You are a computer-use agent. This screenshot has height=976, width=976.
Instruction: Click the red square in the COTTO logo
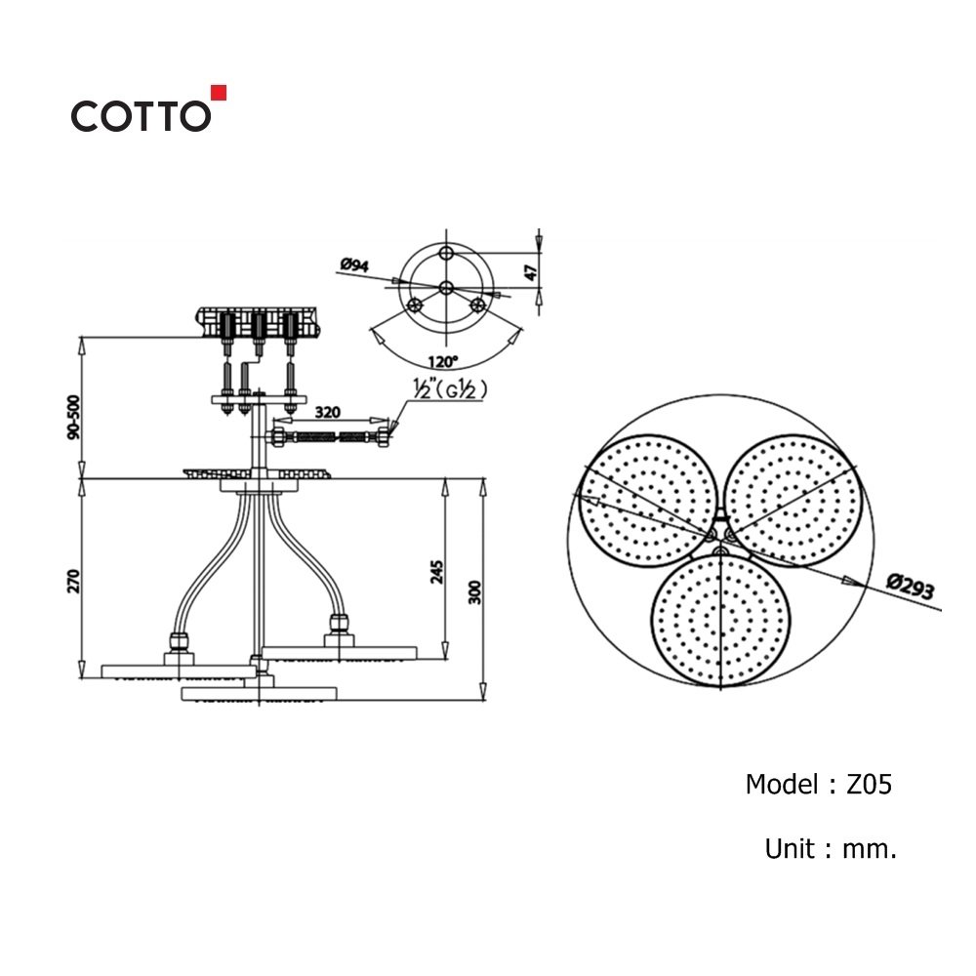tap(219, 93)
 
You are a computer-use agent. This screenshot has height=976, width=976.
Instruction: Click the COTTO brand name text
tap(141, 116)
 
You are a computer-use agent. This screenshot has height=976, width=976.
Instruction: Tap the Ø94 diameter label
tap(354, 265)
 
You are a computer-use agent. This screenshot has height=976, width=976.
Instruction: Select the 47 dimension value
tap(530, 272)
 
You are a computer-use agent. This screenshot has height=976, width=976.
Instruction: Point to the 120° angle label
tap(442, 362)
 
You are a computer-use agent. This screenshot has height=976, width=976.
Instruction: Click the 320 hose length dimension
tap(327, 412)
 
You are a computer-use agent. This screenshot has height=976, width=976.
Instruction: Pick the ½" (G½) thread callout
tap(450, 389)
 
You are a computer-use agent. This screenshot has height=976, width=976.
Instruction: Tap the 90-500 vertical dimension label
tap(74, 417)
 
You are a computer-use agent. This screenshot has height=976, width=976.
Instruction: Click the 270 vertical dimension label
tap(74, 581)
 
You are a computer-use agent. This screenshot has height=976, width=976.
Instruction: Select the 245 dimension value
tap(437, 572)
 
